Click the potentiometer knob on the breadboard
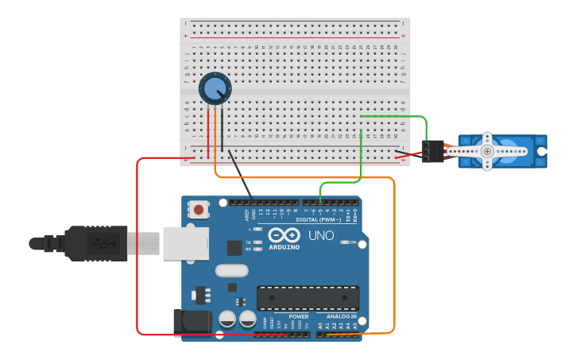coord(215,88)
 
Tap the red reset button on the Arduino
coord(198,210)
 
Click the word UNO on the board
coord(320,236)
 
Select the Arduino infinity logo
coord(284,235)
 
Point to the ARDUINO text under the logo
coord(284,247)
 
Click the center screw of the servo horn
coord(487,151)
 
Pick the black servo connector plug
coord(433,151)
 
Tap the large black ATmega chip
coord(307,298)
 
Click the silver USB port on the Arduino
coord(186,243)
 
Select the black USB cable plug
coord(95,243)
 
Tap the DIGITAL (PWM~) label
coord(322,219)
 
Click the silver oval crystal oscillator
coord(232,270)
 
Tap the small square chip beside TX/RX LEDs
coord(234,247)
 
